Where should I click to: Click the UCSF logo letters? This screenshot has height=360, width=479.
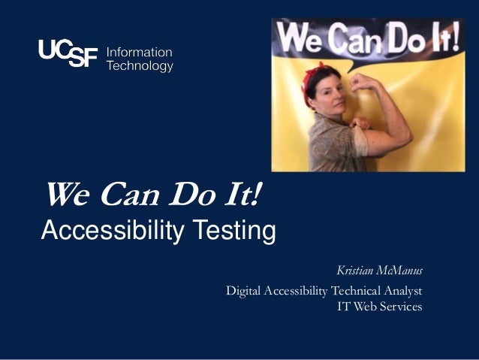68,54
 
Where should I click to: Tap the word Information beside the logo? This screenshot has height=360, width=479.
140,53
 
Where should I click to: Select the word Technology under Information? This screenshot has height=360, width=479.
140,66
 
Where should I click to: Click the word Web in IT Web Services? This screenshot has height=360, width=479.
364,307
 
